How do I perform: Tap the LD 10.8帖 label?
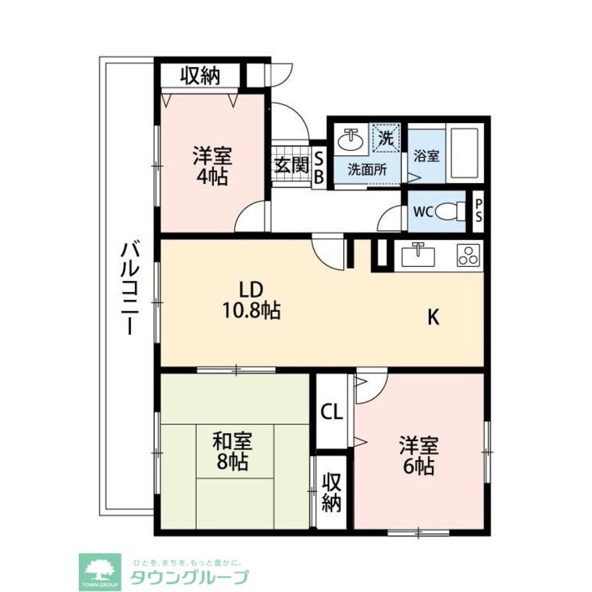pyautogui.click(x=251, y=301)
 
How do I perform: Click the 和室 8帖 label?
pyautogui.click(x=232, y=451)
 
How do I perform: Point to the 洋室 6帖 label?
pyautogui.click(x=419, y=456)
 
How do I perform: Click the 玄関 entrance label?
pyautogui.click(x=292, y=165)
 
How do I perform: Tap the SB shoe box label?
pyautogui.click(x=319, y=168)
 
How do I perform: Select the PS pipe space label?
pyautogui.click(x=479, y=210)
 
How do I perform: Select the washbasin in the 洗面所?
pyautogui.click(x=351, y=140)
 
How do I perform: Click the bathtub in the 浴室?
pyautogui.click(x=465, y=155)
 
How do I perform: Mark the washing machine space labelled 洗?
pyautogui.click(x=386, y=139)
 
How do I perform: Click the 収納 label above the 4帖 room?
pyautogui.click(x=200, y=76)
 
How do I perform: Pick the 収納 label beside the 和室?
pyautogui.click(x=332, y=491)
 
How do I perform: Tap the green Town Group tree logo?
pyautogui.click(x=100, y=572)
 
